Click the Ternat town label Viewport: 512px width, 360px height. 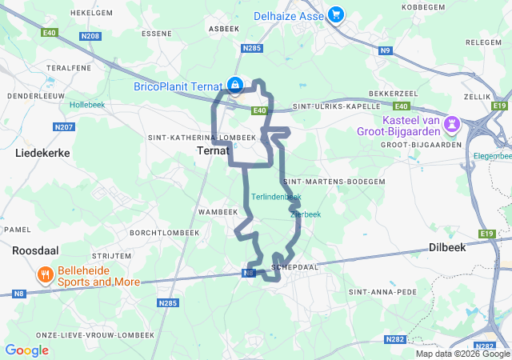214,150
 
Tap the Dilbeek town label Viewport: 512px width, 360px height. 446,247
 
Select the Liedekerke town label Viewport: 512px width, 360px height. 42,152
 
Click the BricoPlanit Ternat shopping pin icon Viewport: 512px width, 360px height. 234,84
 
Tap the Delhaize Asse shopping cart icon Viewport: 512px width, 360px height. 334,14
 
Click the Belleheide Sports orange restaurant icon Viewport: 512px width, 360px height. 46,276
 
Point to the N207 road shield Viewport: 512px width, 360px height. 63,127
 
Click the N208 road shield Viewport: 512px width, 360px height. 91,36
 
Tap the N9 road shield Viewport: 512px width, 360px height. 386,51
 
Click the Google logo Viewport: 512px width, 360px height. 27,350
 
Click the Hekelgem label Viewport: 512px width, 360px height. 90,14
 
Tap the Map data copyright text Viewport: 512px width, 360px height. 462,354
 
